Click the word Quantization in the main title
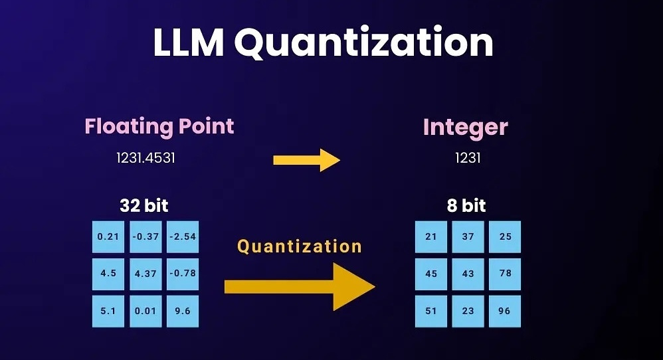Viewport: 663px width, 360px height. pyautogui.click(x=363, y=43)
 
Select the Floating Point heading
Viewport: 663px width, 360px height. pyautogui.click(x=159, y=126)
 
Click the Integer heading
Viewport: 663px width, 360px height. pyautogui.click(x=465, y=127)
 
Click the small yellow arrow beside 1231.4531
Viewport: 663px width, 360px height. pyautogui.click(x=306, y=159)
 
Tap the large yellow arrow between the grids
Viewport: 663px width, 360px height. pyautogui.click(x=300, y=286)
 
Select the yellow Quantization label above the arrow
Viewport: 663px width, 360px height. pyautogui.click(x=300, y=246)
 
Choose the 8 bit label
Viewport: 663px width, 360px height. pyautogui.click(x=466, y=205)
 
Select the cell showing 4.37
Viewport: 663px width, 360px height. pyautogui.click(x=145, y=274)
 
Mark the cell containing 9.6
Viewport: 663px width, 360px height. pyautogui.click(x=183, y=310)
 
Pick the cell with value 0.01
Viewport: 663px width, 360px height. pyautogui.click(x=145, y=310)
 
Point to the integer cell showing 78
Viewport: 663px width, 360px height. pyautogui.click(x=505, y=274)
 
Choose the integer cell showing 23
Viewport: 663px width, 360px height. pyautogui.click(x=468, y=311)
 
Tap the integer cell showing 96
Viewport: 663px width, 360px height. pyautogui.click(x=505, y=311)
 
